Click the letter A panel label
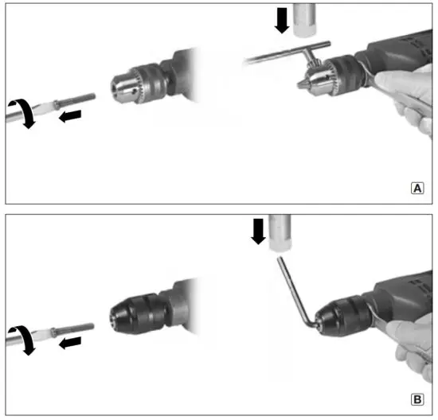coord(417,189)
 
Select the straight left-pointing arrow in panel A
coord(70,116)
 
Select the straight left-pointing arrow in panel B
coord(70,342)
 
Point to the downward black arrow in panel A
coord(281,20)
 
